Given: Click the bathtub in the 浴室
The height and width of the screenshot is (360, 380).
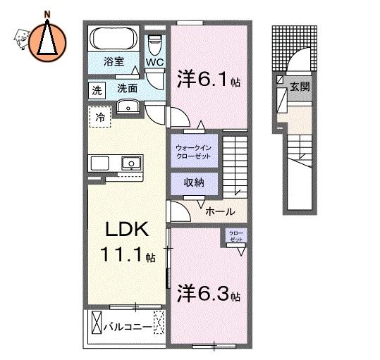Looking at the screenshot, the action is (x=114, y=38).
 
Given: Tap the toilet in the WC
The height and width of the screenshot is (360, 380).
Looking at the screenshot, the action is (x=154, y=45).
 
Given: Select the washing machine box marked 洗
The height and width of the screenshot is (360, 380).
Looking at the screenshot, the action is (x=97, y=91).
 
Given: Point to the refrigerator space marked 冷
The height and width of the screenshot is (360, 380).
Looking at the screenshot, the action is (x=100, y=117).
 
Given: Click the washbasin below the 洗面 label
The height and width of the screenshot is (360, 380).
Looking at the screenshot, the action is (x=128, y=107).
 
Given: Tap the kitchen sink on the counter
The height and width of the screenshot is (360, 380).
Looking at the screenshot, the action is (x=131, y=163).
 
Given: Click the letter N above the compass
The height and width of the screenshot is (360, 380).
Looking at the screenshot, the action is (x=47, y=15).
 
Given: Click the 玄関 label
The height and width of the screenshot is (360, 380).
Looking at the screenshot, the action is (x=300, y=87).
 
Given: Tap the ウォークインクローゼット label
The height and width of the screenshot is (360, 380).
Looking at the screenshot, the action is (x=193, y=151).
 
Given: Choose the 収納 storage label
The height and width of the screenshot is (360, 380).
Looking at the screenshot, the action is (x=194, y=182).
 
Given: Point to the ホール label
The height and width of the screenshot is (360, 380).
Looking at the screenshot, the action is (x=220, y=212).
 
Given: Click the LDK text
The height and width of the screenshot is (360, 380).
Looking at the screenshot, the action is (x=127, y=229).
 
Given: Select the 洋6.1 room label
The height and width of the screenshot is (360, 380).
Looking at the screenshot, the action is (x=209, y=79).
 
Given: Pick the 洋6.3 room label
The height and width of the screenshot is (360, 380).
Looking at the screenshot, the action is (x=209, y=293).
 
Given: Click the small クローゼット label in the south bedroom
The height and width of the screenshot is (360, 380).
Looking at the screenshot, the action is (x=236, y=236).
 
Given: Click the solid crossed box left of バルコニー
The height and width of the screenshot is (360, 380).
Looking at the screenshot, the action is (x=97, y=322).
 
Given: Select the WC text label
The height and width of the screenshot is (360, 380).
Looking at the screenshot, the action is (x=154, y=63).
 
